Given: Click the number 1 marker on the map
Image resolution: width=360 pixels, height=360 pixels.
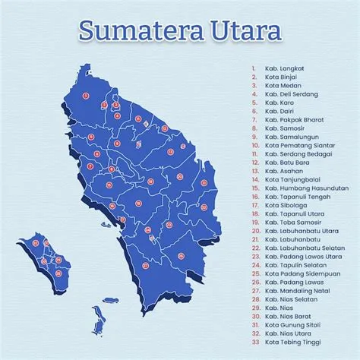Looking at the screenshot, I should click(x=86, y=96).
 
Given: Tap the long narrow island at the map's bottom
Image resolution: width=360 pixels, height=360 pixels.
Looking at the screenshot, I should click(x=97, y=320).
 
